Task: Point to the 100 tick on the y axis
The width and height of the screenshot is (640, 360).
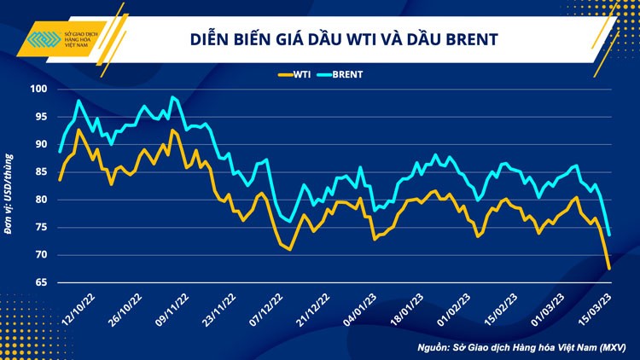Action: coord(38,90)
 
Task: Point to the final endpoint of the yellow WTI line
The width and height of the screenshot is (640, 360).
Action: coord(609,268)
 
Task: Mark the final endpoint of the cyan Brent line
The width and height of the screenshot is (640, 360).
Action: coord(609,235)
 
